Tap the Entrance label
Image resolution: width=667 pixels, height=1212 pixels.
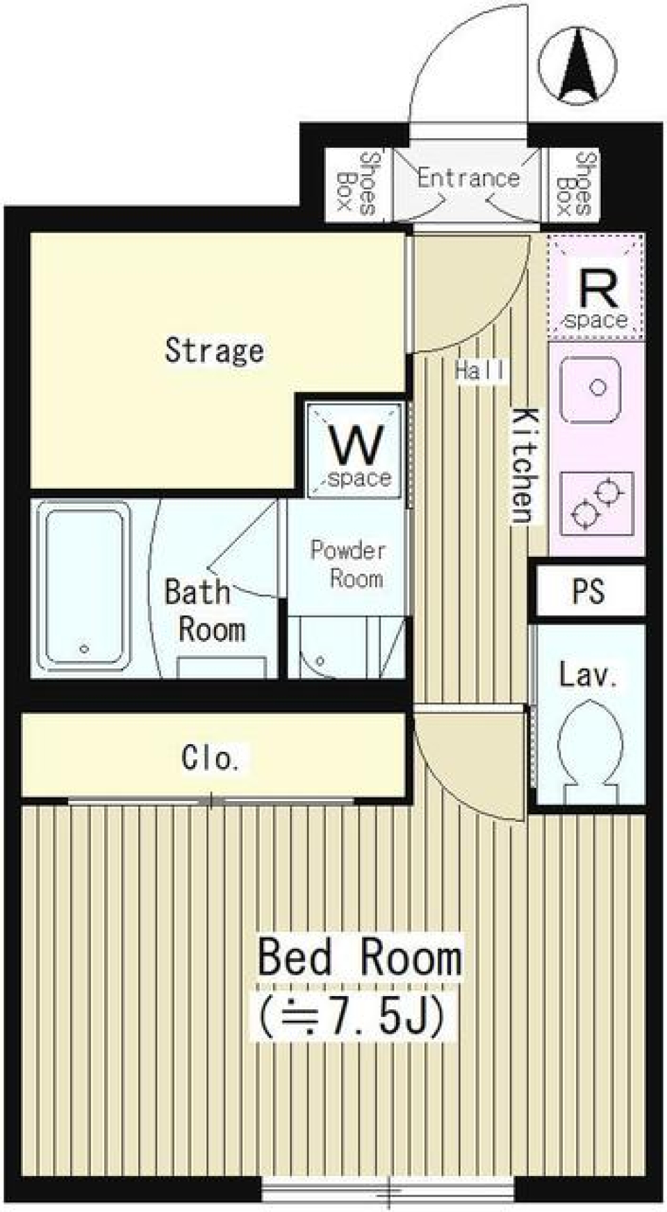468,178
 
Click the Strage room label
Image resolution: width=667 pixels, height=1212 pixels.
214,351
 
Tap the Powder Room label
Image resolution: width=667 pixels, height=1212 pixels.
347,564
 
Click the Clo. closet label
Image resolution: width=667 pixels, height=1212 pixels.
211,758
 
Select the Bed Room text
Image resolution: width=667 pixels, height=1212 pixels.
360,958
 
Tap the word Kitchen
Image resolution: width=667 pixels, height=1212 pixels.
525,466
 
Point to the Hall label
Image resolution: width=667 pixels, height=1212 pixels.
481,370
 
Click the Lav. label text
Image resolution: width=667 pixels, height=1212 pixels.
588,675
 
